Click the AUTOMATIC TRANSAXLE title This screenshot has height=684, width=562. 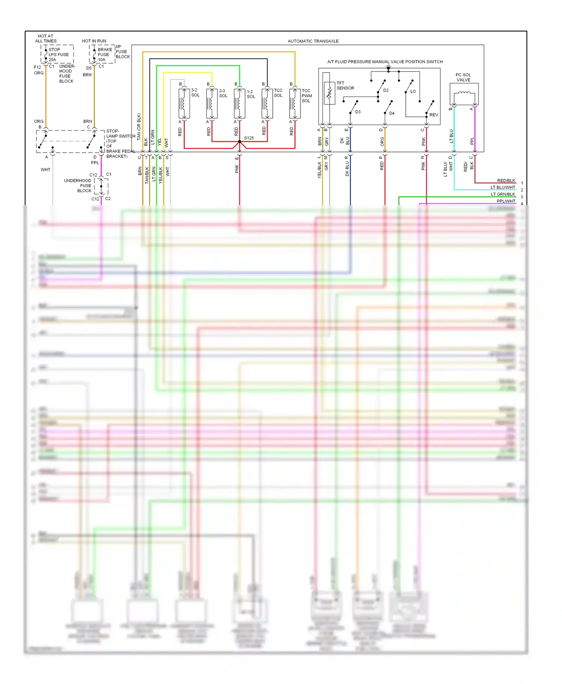[313, 41]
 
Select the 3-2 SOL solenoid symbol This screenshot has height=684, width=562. [184, 103]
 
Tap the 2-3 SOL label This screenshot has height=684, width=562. [223, 93]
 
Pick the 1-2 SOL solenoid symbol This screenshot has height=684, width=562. [239, 103]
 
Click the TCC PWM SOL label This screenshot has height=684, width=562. [306, 96]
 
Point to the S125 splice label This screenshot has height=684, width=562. [249, 138]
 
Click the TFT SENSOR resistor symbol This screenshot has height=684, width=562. [329, 93]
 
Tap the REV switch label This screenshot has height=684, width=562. [433, 115]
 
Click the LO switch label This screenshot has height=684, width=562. [413, 91]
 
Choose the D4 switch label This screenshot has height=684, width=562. [392, 113]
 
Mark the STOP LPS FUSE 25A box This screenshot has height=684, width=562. [57, 54]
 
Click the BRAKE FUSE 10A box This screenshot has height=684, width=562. [102, 54]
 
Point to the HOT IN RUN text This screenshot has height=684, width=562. [94, 41]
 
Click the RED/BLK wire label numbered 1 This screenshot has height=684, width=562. [506, 181]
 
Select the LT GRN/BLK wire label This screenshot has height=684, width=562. [503, 194]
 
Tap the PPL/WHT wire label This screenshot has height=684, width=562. [506, 201]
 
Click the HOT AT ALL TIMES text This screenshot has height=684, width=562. [46, 39]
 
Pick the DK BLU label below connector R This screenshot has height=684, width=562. [347, 169]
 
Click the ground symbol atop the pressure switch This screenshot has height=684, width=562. [389, 68]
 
